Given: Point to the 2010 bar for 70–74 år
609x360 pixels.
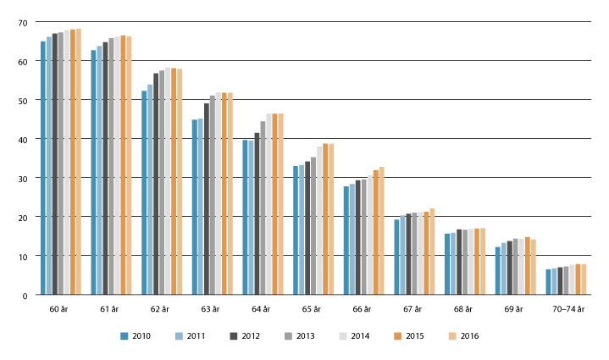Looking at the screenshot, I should click(549, 282).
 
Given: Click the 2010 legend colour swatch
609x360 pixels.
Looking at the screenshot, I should click(125, 335).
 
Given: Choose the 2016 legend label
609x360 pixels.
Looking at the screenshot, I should click(469, 336).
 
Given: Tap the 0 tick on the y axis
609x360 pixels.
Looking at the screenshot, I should click(31, 296).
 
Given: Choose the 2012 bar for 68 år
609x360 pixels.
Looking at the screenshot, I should click(459, 262).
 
